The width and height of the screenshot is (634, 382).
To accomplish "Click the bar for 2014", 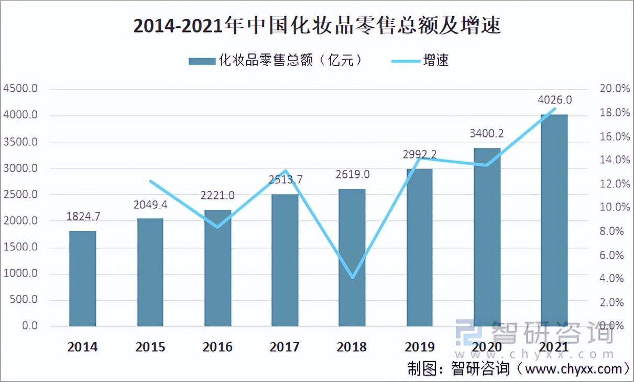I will (83, 278).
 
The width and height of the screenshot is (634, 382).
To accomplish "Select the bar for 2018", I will (352, 257).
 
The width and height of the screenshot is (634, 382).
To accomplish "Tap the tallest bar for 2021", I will (554, 220).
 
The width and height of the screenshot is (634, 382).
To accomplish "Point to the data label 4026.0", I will (554, 100).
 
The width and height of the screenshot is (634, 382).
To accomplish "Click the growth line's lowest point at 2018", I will (352, 277).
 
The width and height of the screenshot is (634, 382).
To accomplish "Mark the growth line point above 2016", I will (217, 227).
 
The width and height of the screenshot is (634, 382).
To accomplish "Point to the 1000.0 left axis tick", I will (20, 273).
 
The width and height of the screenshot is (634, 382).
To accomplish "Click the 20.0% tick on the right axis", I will (614, 89).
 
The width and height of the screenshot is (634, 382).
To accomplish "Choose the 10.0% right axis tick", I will (614, 208).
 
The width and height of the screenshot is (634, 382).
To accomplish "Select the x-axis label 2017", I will (285, 347).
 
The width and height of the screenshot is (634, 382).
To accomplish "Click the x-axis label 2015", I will (150, 347).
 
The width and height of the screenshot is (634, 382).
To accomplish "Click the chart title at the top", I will (317, 25).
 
